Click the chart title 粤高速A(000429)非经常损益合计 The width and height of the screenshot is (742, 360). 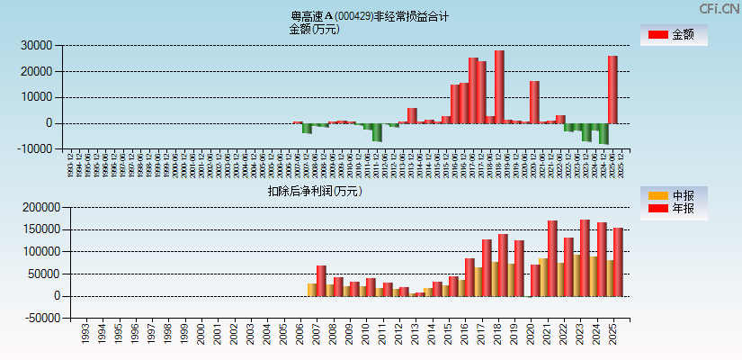370,16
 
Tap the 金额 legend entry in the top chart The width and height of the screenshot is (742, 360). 674,35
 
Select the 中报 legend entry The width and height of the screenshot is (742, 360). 674,195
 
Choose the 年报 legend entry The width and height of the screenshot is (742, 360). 674,209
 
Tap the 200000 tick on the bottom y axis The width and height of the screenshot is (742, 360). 40,207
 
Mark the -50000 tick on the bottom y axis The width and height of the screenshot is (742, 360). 40,318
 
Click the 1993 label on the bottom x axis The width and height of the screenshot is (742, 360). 85,335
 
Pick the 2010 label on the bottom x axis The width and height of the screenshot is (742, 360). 365,335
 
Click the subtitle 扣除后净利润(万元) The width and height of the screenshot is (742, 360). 315,191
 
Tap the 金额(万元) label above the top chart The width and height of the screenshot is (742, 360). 314,29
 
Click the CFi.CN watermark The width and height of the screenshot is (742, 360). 719,8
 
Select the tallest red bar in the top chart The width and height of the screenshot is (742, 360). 499,86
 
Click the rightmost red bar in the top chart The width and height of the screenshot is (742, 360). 612,89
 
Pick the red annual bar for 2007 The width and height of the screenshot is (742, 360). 321,281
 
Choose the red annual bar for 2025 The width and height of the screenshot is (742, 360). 618,262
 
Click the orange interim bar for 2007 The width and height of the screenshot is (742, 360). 311,290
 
